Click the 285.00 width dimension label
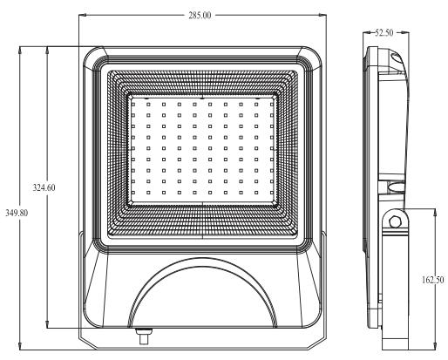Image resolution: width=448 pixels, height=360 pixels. pos(200,15)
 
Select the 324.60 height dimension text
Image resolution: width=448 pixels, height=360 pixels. pos(44,187)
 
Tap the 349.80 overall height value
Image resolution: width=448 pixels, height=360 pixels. pos(17,213)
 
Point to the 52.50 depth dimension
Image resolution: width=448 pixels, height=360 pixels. pos(384,33)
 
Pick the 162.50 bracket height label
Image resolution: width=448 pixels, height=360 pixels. pos(432,280)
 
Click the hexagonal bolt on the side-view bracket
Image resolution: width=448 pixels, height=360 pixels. pos(395,222)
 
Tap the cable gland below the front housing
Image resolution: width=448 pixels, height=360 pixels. pos(144,336)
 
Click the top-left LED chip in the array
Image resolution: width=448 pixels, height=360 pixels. pos(133,104)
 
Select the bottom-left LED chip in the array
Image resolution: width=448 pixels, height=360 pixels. pos(133,193)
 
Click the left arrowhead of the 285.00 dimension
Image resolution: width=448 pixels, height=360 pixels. pos(83,15)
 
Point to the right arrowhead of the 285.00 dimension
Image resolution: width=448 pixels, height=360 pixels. pos(322,15)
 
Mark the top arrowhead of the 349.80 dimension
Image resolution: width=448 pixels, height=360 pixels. pos(20,51)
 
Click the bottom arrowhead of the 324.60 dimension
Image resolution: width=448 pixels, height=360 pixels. pos(47,324)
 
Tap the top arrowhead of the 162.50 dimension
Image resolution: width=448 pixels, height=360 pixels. pos(435,213)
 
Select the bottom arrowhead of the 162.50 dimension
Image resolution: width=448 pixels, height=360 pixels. pos(435,346)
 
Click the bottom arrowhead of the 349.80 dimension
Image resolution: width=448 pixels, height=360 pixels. pos(20,346)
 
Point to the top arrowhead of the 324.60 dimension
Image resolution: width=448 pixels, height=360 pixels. pos(47,51)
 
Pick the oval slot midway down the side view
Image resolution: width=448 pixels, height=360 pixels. pos(396,187)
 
